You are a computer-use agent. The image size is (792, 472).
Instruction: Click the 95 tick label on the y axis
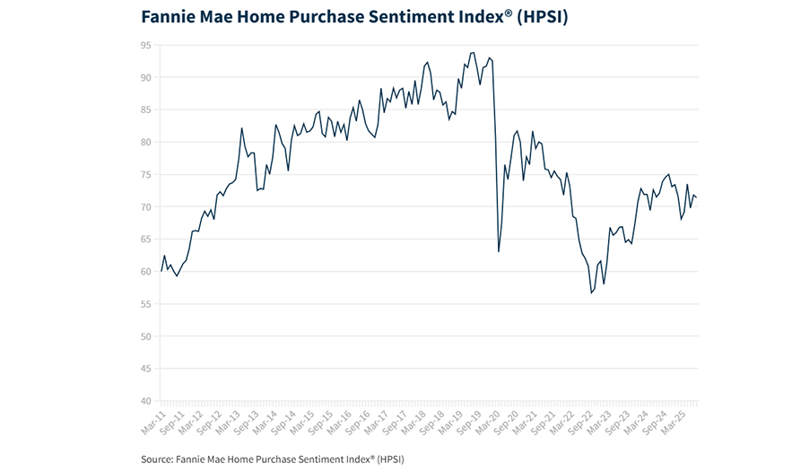[144, 45]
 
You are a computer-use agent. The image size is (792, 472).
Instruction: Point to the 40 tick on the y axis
[144, 400]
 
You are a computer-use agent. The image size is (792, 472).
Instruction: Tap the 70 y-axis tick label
[144, 206]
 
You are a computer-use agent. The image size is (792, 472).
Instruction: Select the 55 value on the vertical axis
[144, 303]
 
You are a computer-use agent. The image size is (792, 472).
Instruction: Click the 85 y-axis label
[144, 109]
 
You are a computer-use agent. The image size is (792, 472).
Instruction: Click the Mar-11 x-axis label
[151, 419]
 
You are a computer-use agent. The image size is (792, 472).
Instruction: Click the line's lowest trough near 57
[592, 293]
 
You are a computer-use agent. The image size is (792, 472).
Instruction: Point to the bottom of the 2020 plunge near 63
[499, 251]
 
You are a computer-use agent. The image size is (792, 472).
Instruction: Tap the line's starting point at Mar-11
[161, 270]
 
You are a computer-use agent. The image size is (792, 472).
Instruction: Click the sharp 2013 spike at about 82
[242, 127]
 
